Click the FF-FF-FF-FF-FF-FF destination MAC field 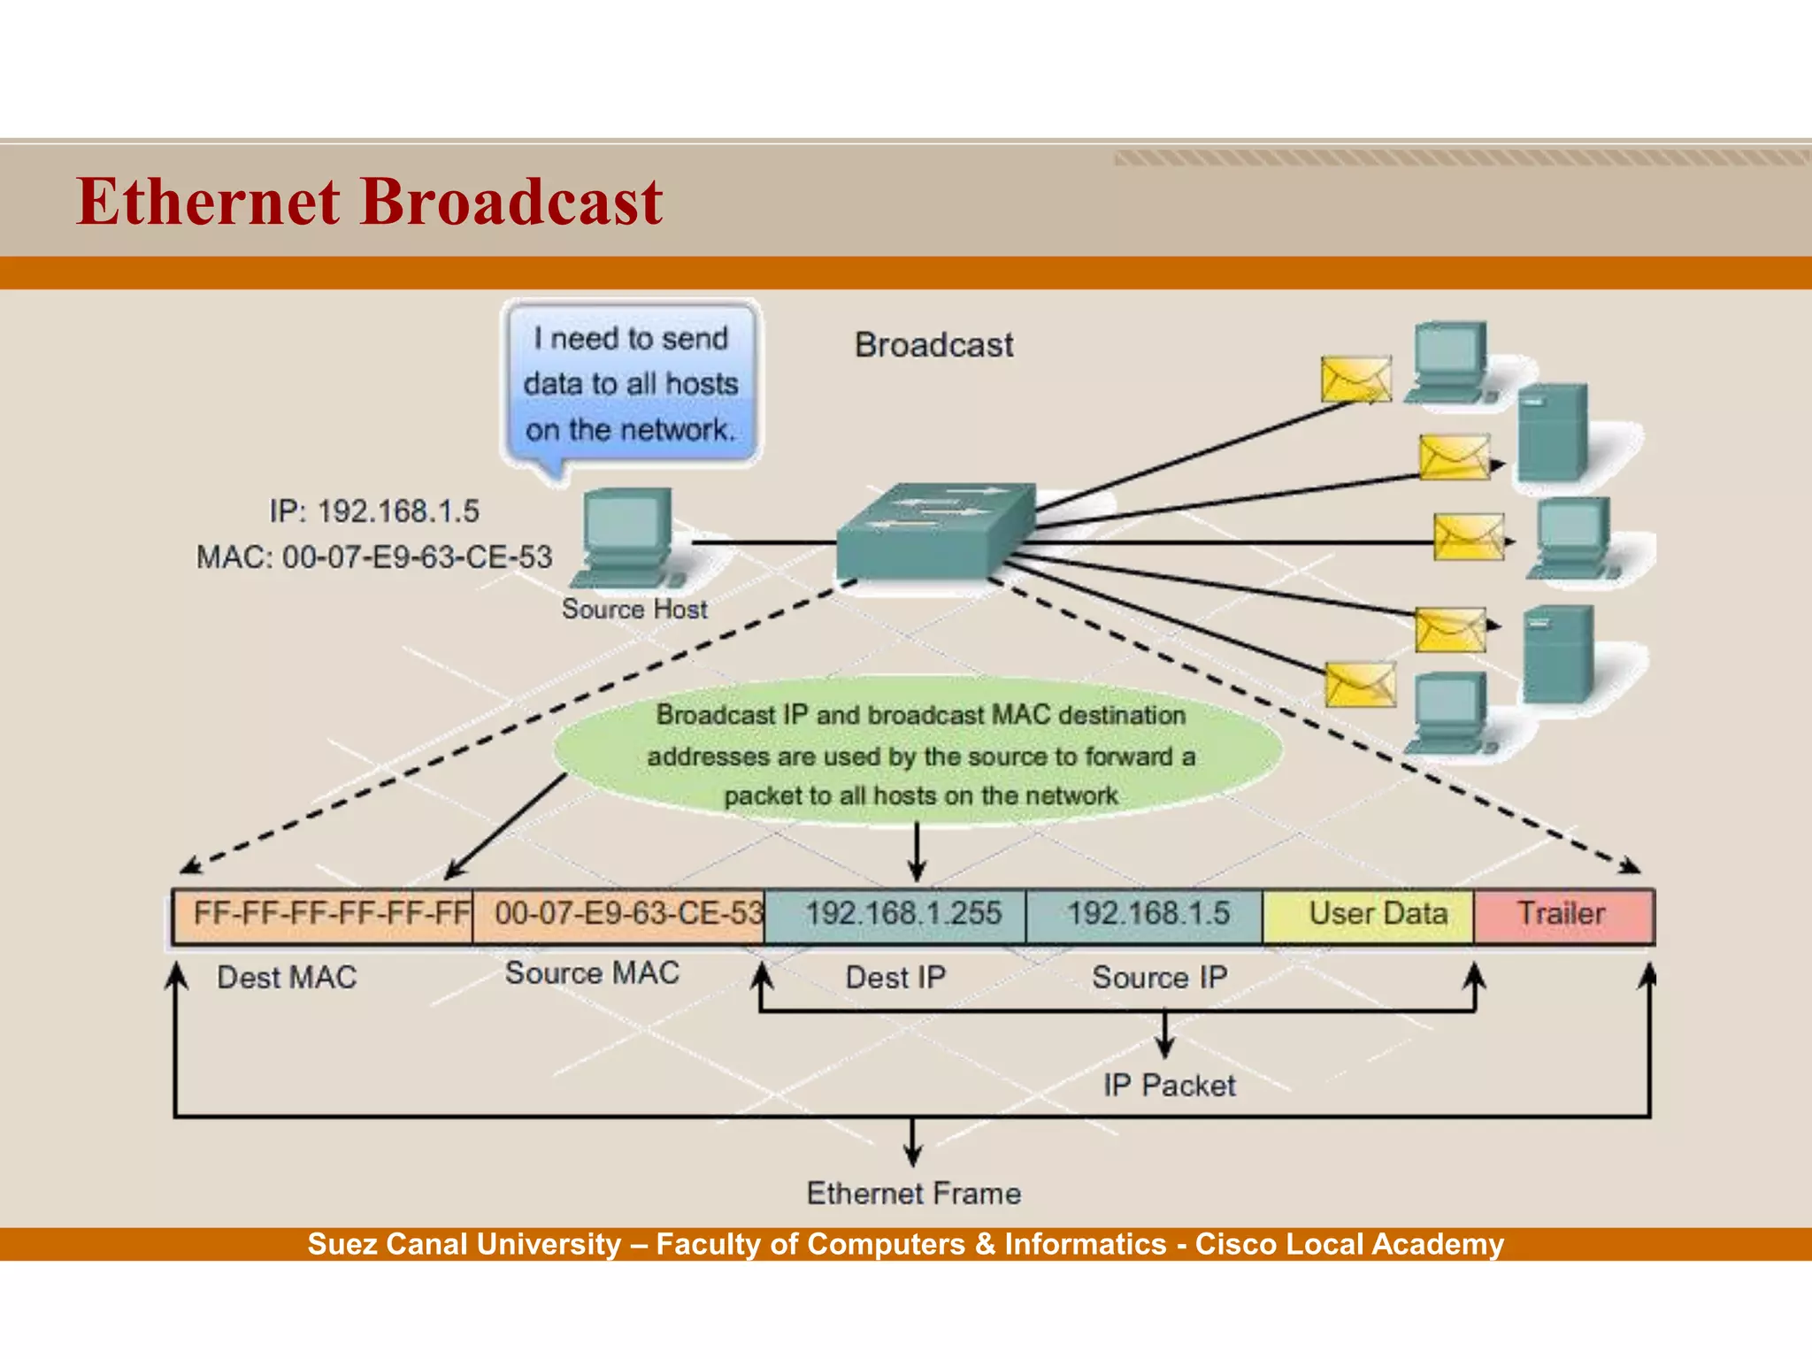[x=323, y=916]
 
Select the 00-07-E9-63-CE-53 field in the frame [x=618, y=916]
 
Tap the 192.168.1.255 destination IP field [x=895, y=916]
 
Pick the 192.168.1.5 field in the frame [x=1145, y=916]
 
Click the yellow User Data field [x=1369, y=916]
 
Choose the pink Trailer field [x=1563, y=916]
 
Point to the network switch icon [x=935, y=531]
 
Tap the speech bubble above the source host [x=632, y=384]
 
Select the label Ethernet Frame [x=914, y=1194]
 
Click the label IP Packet [x=1169, y=1086]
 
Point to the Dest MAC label [x=287, y=978]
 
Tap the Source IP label [x=1159, y=978]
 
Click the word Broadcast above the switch [x=933, y=345]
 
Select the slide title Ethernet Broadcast [x=369, y=202]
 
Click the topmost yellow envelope [x=1355, y=380]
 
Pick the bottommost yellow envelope [x=1360, y=685]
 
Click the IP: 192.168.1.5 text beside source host [x=374, y=511]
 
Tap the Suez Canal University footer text [x=905, y=1244]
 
